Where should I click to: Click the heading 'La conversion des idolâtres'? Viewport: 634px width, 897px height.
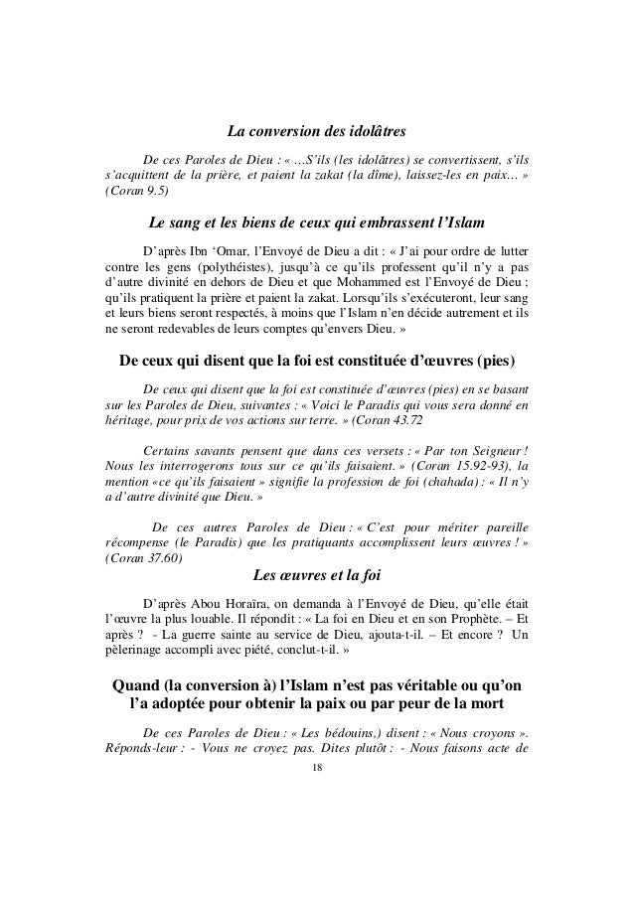pos(317,131)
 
